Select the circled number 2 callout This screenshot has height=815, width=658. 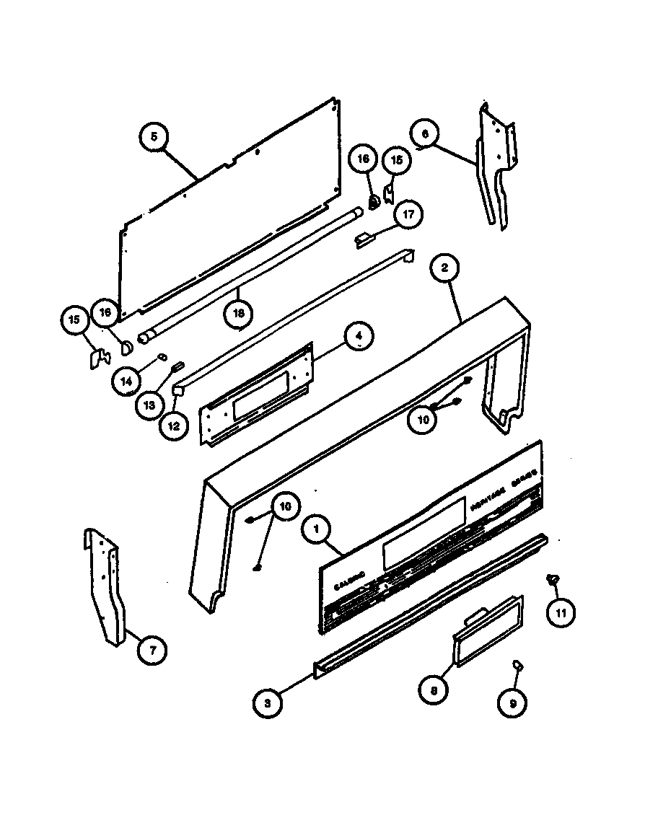coord(444,268)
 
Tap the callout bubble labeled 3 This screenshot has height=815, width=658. coord(268,703)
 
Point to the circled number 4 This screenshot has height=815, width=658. coord(359,335)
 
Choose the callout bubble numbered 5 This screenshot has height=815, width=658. coord(154,136)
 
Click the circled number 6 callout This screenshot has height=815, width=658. coord(425,134)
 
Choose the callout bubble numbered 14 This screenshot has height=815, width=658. coord(126,382)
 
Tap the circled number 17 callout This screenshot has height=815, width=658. coord(408,214)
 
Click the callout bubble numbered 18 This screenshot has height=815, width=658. coord(237,313)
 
